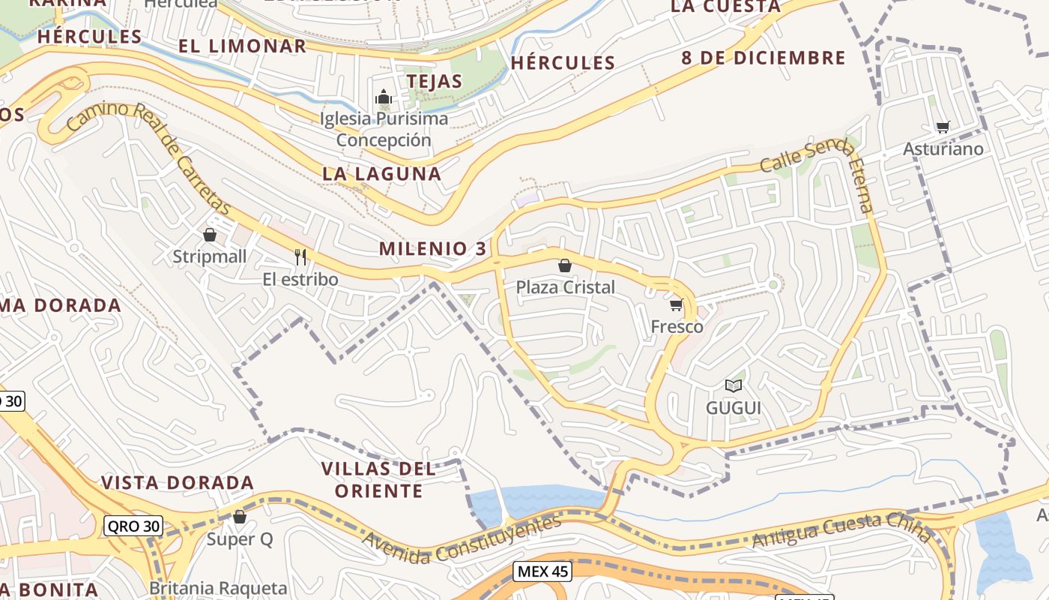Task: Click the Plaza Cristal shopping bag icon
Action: [565, 265]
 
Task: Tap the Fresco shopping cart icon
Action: [676, 304]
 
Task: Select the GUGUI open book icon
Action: [733, 385]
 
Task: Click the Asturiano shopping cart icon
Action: [943, 127]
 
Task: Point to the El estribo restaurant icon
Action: [300, 257]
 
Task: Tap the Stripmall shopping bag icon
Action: [210, 235]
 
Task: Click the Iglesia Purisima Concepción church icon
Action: [384, 97]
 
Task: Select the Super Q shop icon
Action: [240, 517]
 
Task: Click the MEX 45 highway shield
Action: [543, 571]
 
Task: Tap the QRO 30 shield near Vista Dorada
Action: [133, 526]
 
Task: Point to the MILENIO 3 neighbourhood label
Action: [432, 248]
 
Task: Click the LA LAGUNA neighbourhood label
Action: [381, 173]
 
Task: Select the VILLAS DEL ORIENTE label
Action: [378, 480]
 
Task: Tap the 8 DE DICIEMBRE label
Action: [763, 58]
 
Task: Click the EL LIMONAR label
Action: [243, 46]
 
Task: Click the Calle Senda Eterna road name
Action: [820, 169]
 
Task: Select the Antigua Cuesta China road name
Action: [841, 529]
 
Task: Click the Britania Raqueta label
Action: [218, 588]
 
